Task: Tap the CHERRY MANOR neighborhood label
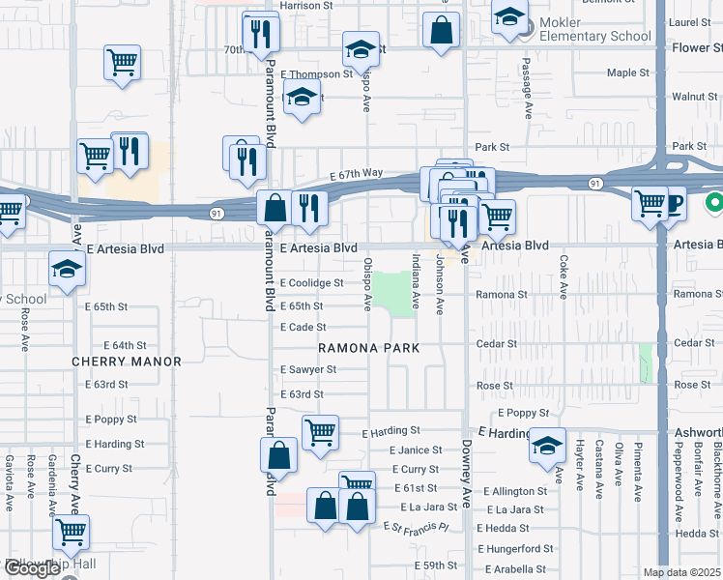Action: [x=127, y=362]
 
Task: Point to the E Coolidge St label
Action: [x=311, y=283]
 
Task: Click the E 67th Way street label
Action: [x=356, y=174]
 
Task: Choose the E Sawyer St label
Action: [x=308, y=369]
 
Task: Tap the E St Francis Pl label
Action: [x=417, y=528]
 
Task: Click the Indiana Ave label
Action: [x=416, y=281]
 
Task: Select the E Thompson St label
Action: [x=316, y=74]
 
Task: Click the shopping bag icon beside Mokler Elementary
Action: [x=441, y=29]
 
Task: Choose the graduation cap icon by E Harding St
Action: [x=547, y=446]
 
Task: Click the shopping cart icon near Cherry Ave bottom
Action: [x=71, y=531]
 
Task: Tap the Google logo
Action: [x=32, y=568]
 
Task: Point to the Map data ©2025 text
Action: [x=682, y=572]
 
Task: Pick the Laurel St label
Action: [x=689, y=21]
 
